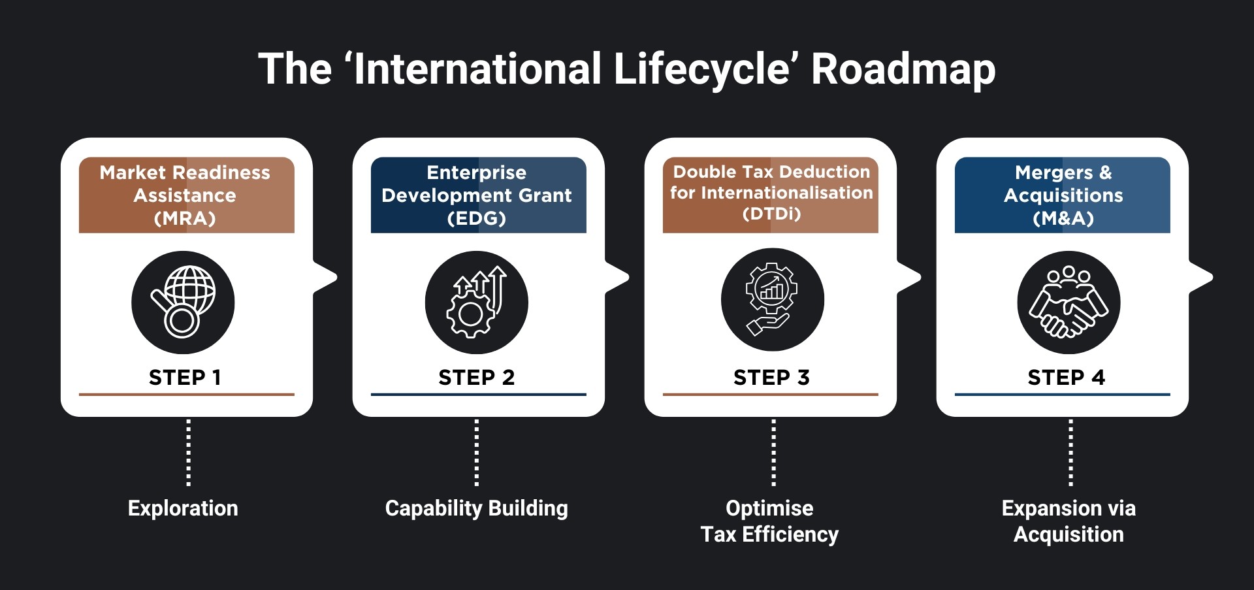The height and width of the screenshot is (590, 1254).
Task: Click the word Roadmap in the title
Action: pos(903,69)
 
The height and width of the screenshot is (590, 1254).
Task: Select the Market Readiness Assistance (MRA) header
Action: pos(186,195)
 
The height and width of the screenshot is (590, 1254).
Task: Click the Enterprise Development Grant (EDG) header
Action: pos(477,195)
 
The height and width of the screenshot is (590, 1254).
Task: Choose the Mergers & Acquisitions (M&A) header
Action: pos(1063,195)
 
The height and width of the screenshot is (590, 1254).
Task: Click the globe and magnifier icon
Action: pos(183,302)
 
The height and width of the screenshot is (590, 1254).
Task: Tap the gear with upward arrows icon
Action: pos(476,302)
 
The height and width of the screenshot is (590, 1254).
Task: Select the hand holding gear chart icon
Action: pos(772,299)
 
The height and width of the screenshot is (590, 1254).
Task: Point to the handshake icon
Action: pos(1069,302)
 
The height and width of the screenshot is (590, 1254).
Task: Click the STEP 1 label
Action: pos(185,377)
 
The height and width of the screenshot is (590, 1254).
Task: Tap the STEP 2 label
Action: pos(477,377)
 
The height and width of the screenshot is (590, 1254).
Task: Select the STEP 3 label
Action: pos(771,377)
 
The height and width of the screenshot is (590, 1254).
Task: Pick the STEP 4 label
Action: pos(1066,377)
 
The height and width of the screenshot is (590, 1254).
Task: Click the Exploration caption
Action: pos(183,508)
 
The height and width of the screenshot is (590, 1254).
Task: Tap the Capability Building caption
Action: pos(477,508)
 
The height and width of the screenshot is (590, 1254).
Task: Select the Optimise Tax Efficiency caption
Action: pos(769,521)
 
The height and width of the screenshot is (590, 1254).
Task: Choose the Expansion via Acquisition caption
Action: pos(1069,521)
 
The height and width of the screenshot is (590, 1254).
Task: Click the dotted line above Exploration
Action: pos(189,452)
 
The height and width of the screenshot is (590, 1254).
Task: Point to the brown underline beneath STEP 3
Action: pos(771,395)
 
